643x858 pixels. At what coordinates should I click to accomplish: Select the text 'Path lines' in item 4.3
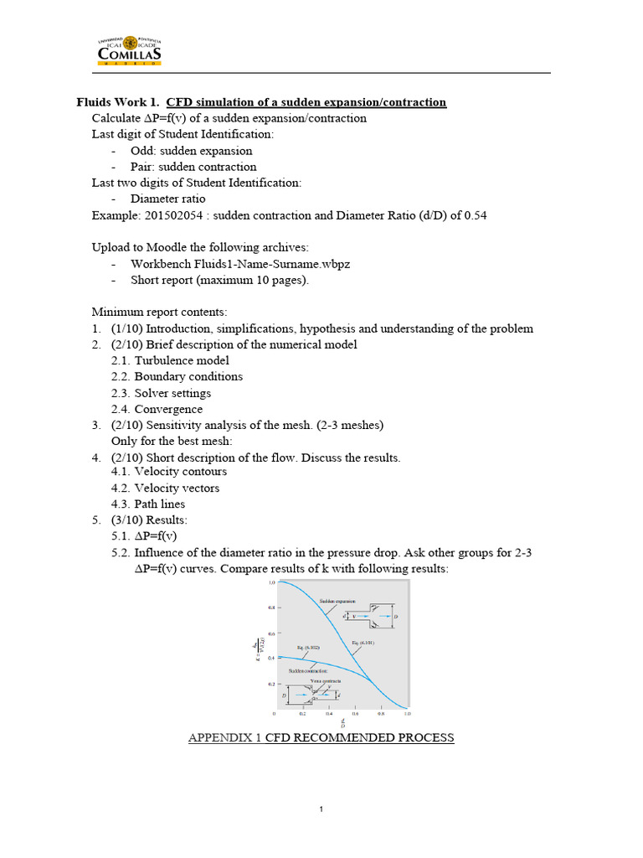160,504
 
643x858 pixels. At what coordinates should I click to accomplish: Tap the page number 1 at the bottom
321,809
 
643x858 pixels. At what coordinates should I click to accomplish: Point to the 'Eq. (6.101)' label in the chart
363,643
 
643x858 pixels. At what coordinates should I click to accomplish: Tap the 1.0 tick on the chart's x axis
407,714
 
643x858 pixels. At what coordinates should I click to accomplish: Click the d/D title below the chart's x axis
342,723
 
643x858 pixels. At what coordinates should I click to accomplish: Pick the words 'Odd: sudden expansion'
191,151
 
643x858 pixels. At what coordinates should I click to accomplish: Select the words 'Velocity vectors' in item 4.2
177,488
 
